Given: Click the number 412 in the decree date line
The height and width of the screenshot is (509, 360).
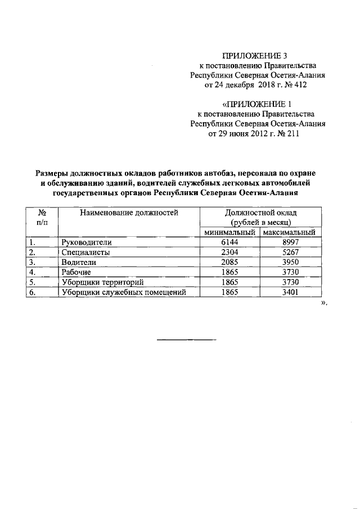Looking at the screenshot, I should pyautogui.click(x=299, y=85).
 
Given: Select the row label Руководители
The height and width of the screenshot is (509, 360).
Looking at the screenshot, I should pyautogui.click(x=87, y=242).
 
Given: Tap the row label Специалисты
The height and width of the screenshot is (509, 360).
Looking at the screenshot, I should pyautogui.click(x=85, y=253).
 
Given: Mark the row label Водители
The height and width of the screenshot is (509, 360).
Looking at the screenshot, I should pyautogui.click(x=79, y=262).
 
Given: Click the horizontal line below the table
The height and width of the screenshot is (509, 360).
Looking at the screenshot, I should pyautogui.click(x=186, y=340).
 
